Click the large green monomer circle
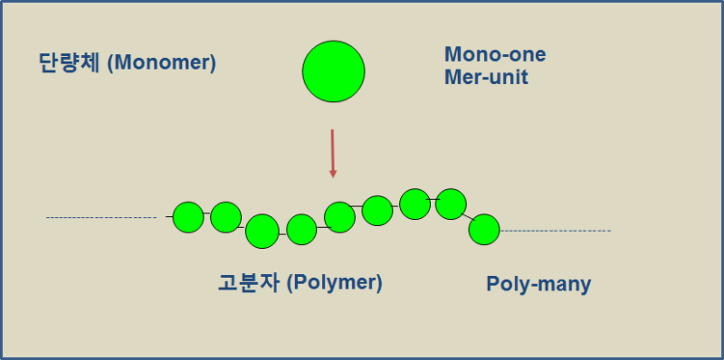click(333, 71)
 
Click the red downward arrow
click(332, 153)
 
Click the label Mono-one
click(494, 54)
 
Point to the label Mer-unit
click(486, 77)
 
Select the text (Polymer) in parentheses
click(335, 282)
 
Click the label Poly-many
click(538, 284)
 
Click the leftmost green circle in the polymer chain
click(187, 217)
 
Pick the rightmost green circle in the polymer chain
click(484, 230)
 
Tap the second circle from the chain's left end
click(225, 217)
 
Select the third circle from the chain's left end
click(262, 232)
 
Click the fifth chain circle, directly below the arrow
click(339, 217)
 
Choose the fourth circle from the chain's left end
click(301, 230)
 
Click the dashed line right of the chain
click(556, 231)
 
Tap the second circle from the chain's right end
click(451, 204)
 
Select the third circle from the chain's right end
click(414, 204)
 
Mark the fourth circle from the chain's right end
click(377, 210)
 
